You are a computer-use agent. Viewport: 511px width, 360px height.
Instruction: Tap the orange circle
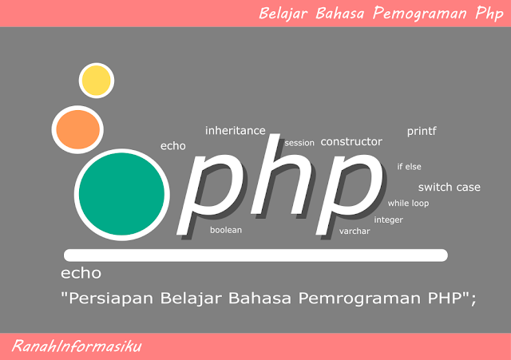click(x=76, y=128)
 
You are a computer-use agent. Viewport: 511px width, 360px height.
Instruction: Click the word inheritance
click(x=235, y=130)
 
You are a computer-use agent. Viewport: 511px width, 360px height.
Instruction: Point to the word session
click(x=299, y=144)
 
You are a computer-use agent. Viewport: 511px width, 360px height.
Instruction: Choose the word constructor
click(x=351, y=141)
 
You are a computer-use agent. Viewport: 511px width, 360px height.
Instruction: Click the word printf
click(x=422, y=130)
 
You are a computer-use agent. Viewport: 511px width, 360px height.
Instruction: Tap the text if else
click(x=409, y=167)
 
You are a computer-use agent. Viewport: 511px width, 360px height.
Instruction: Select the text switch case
click(x=450, y=187)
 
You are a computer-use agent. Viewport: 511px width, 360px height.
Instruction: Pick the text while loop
click(x=408, y=204)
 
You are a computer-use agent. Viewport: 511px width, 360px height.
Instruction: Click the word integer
click(x=388, y=220)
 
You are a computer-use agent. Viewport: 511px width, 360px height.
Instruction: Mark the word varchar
click(x=354, y=231)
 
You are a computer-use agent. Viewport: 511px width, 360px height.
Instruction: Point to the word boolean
click(x=226, y=230)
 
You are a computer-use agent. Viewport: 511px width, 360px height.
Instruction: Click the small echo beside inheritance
click(x=172, y=146)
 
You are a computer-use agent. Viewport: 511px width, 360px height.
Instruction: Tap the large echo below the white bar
click(x=81, y=274)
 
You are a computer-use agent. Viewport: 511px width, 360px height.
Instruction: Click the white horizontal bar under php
click(x=255, y=255)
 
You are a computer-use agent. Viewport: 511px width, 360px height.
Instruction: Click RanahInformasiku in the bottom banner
click(x=77, y=346)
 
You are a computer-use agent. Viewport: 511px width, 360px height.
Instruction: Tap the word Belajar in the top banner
click(x=286, y=13)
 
